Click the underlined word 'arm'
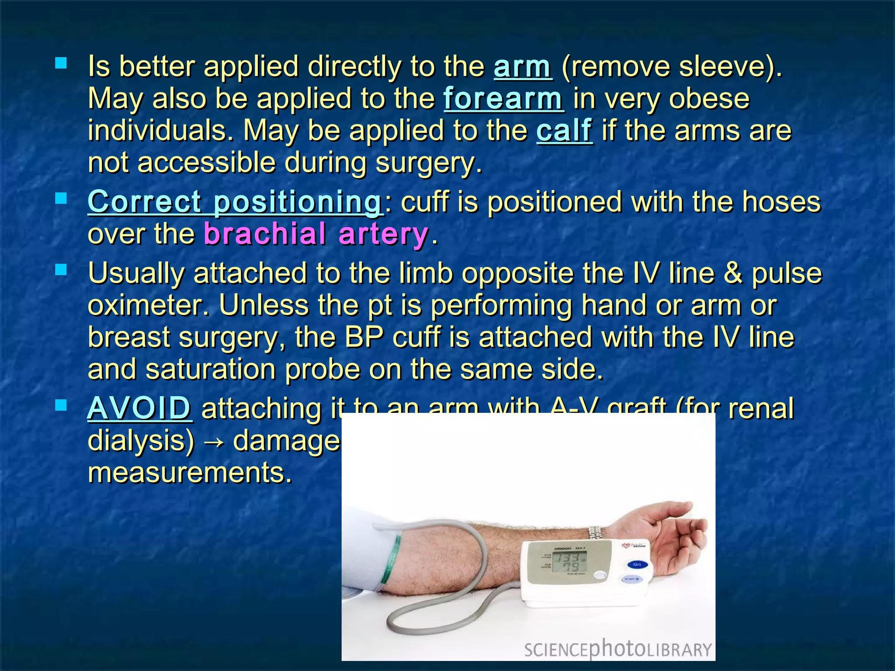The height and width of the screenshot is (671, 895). [x=523, y=67]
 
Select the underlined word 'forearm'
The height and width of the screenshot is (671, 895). [x=503, y=99]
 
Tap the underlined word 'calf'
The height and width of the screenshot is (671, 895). [x=564, y=131]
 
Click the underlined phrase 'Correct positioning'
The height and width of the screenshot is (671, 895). [x=235, y=202]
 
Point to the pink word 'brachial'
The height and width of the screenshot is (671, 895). [x=264, y=234]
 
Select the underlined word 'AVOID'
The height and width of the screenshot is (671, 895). [x=139, y=408]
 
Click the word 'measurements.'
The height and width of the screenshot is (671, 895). [x=190, y=473]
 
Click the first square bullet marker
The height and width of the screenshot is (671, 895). [x=61, y=64]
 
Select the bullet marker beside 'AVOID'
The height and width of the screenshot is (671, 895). [x=61, y=406]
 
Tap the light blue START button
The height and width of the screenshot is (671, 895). [x=631, y=579]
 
